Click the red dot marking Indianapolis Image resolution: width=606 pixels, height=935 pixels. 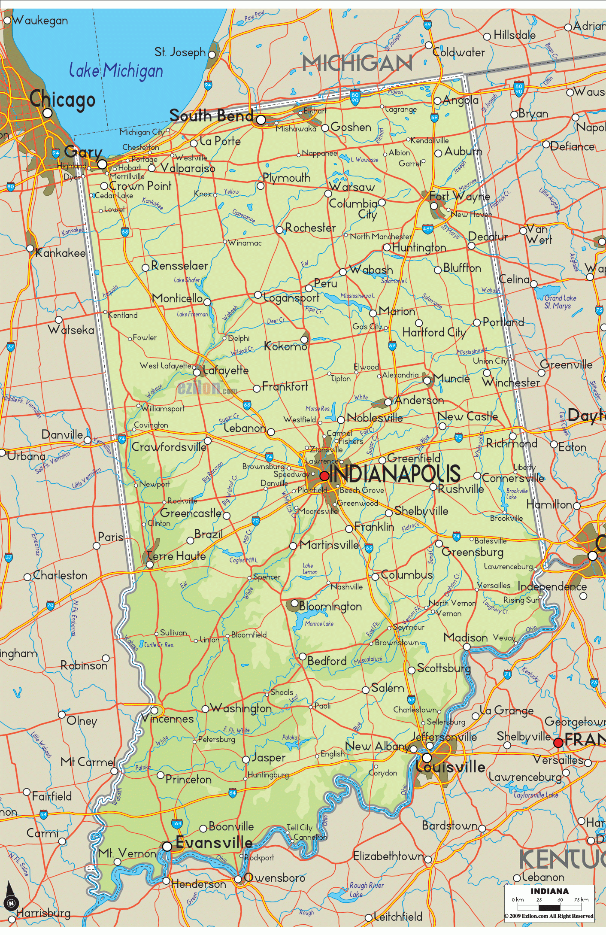324,476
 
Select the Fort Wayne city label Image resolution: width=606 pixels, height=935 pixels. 460,197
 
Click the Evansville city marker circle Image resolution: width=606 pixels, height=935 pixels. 167,846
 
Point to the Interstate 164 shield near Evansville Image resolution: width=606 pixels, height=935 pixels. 177,823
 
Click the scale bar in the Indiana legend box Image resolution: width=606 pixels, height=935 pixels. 549,908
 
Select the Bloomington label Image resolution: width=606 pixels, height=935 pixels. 330,606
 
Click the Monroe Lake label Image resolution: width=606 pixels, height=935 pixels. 319,623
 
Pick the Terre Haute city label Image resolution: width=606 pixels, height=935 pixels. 176,556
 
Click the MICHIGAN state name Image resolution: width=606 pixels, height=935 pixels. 357,64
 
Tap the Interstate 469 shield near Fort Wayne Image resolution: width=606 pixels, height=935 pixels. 427,229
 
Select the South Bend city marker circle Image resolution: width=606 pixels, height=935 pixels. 261,120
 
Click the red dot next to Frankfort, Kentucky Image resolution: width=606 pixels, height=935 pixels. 558,743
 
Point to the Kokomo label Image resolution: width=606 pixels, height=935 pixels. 285,346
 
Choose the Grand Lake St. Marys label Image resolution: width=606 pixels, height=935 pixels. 560,302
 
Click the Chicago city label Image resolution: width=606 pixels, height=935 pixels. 63,100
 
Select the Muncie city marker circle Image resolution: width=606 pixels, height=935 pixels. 427,380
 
